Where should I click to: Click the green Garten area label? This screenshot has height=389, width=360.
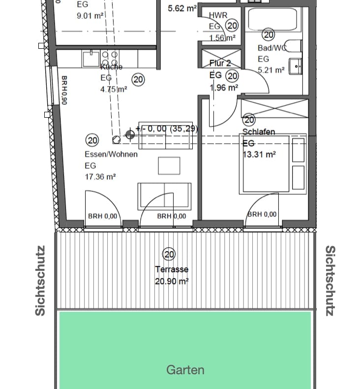pos(185,370)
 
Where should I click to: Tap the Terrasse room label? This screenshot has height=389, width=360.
pos(172,269)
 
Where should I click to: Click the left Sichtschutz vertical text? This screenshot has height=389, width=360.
pos(40,281)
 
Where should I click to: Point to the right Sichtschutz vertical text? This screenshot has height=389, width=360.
pos(330,281)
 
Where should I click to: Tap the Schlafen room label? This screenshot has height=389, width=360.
pos(258,132)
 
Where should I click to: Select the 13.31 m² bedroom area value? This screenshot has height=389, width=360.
pos(259,154)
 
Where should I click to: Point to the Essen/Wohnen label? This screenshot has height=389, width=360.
pos(111,154)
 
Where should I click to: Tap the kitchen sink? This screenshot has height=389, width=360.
pos(91,59)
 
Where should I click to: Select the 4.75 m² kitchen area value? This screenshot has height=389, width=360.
pos(114,89)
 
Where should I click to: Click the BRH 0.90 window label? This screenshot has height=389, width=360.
pos(63,90)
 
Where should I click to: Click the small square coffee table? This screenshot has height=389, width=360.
pos(169,165)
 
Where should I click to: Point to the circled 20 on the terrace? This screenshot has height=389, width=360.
pos(169,254)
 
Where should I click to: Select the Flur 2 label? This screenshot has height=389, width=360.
pos(220,63)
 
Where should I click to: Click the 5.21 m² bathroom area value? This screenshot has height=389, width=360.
pos(271,70)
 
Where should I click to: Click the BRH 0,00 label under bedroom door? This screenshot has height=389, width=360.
pos(262,214)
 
